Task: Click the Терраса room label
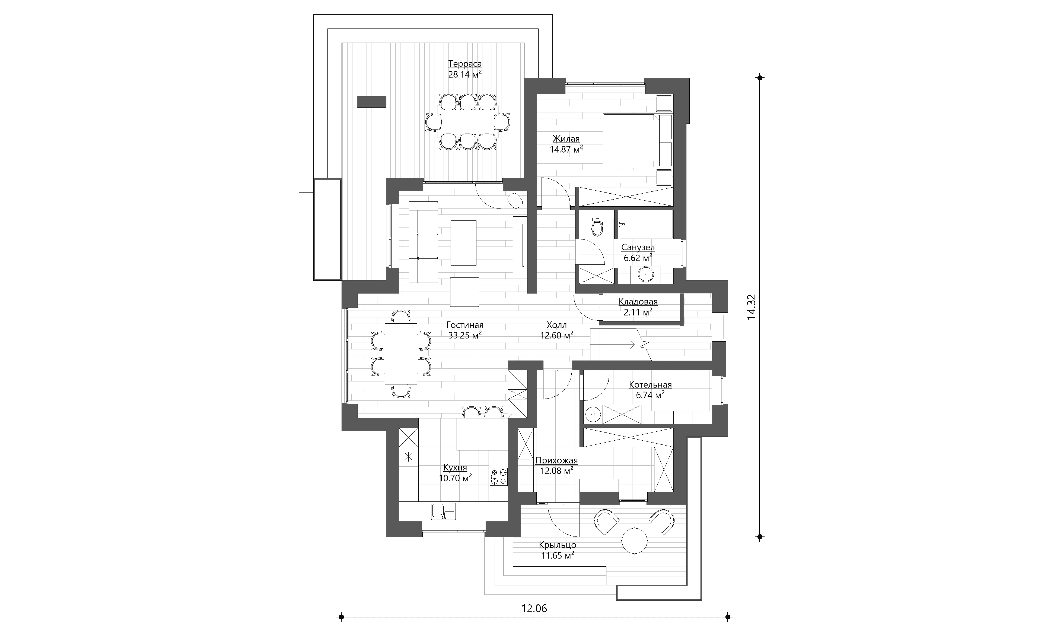[465, 64]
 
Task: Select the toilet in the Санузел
[597, 227]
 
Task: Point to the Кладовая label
[638, 302]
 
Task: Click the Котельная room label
[650, 385]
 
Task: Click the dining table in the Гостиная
[106, 353]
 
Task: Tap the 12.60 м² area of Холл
[556, 336]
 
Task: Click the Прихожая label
[556, 460]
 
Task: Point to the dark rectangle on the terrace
[372, 102]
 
